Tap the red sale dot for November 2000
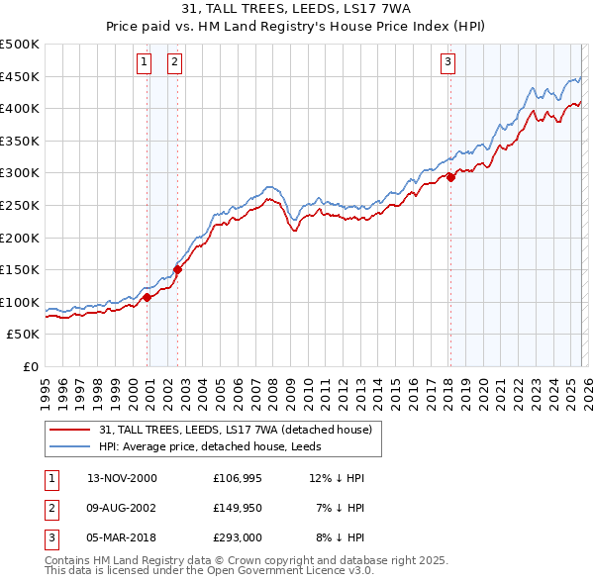pyautogui.click(x=147, y=297)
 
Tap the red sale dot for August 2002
pyautogui.click(x=177, y=268)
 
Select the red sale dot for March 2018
pyautogui.click(x=450, y=177)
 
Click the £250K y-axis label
pyautogui.click(x=20, y=205)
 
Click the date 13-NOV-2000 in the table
pyautogui.click(x=122, y=478)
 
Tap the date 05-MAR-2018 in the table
pyautogui.click(x=122, y=539)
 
